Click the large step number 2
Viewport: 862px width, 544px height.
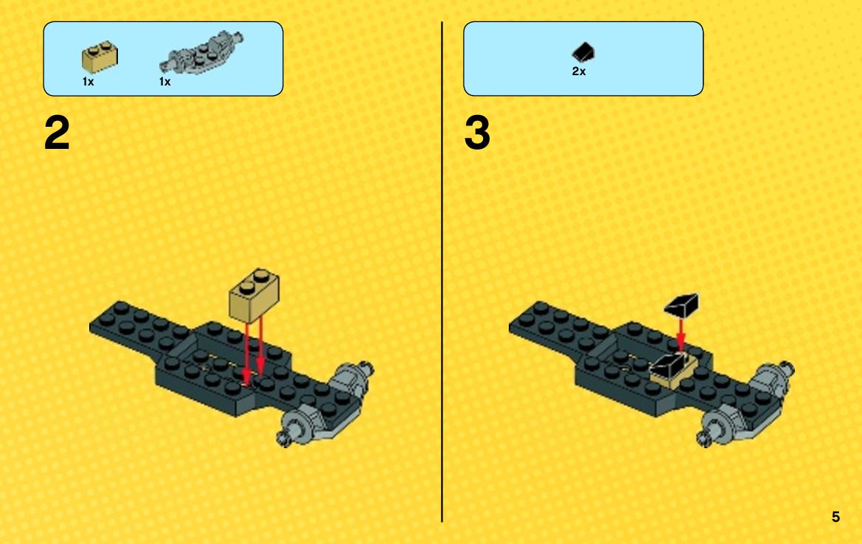(57, 133)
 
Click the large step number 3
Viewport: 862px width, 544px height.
(476, 133)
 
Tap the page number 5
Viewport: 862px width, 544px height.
(835, 517)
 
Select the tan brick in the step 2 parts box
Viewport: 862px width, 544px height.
(100, 57)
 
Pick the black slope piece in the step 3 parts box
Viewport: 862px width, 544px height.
(583, 53)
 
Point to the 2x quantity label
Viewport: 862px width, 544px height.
(579, 72)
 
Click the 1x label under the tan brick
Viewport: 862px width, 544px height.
(88, 82)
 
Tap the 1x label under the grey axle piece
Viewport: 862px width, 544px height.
(165, 82)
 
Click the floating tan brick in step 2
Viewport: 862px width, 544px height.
(254, 295)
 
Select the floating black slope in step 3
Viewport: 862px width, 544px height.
(681, 305)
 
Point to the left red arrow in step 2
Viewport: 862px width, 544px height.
(247, 353)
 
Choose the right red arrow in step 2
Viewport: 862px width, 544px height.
(260, 346)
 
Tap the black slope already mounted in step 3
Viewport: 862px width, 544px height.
(669, 363)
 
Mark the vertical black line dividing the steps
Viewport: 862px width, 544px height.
(442, 272)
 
